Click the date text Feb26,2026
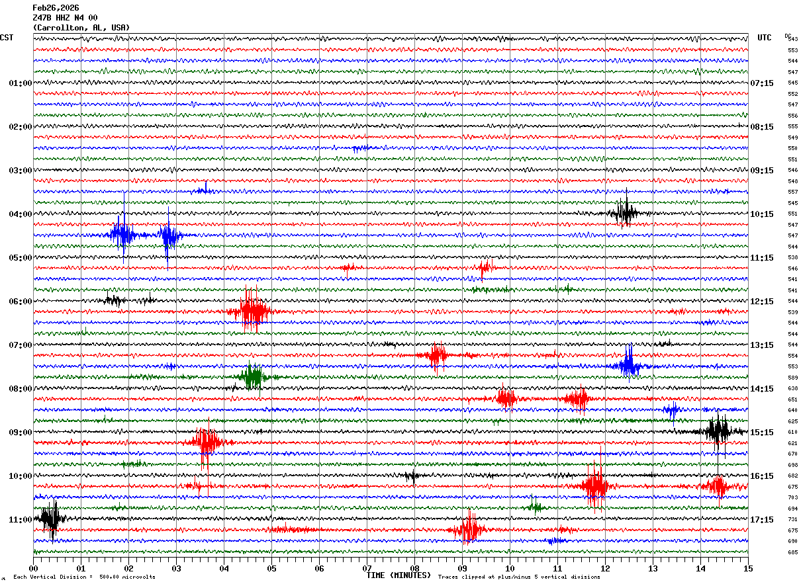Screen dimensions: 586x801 point(56,8)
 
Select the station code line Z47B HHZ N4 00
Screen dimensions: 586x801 point(65,18)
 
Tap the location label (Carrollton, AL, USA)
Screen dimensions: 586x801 point(81,28)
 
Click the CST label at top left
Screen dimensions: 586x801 point(7,38)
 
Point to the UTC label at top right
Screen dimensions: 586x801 point(765,38)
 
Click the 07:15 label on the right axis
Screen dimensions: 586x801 point(761,83)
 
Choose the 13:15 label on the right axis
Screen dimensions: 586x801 point(761,345)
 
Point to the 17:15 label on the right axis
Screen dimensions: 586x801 point(761,520)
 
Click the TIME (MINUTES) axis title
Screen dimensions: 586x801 point(399,575)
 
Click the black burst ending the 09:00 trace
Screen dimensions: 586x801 point(718,431)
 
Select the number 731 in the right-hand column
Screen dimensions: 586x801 point(792,520)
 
